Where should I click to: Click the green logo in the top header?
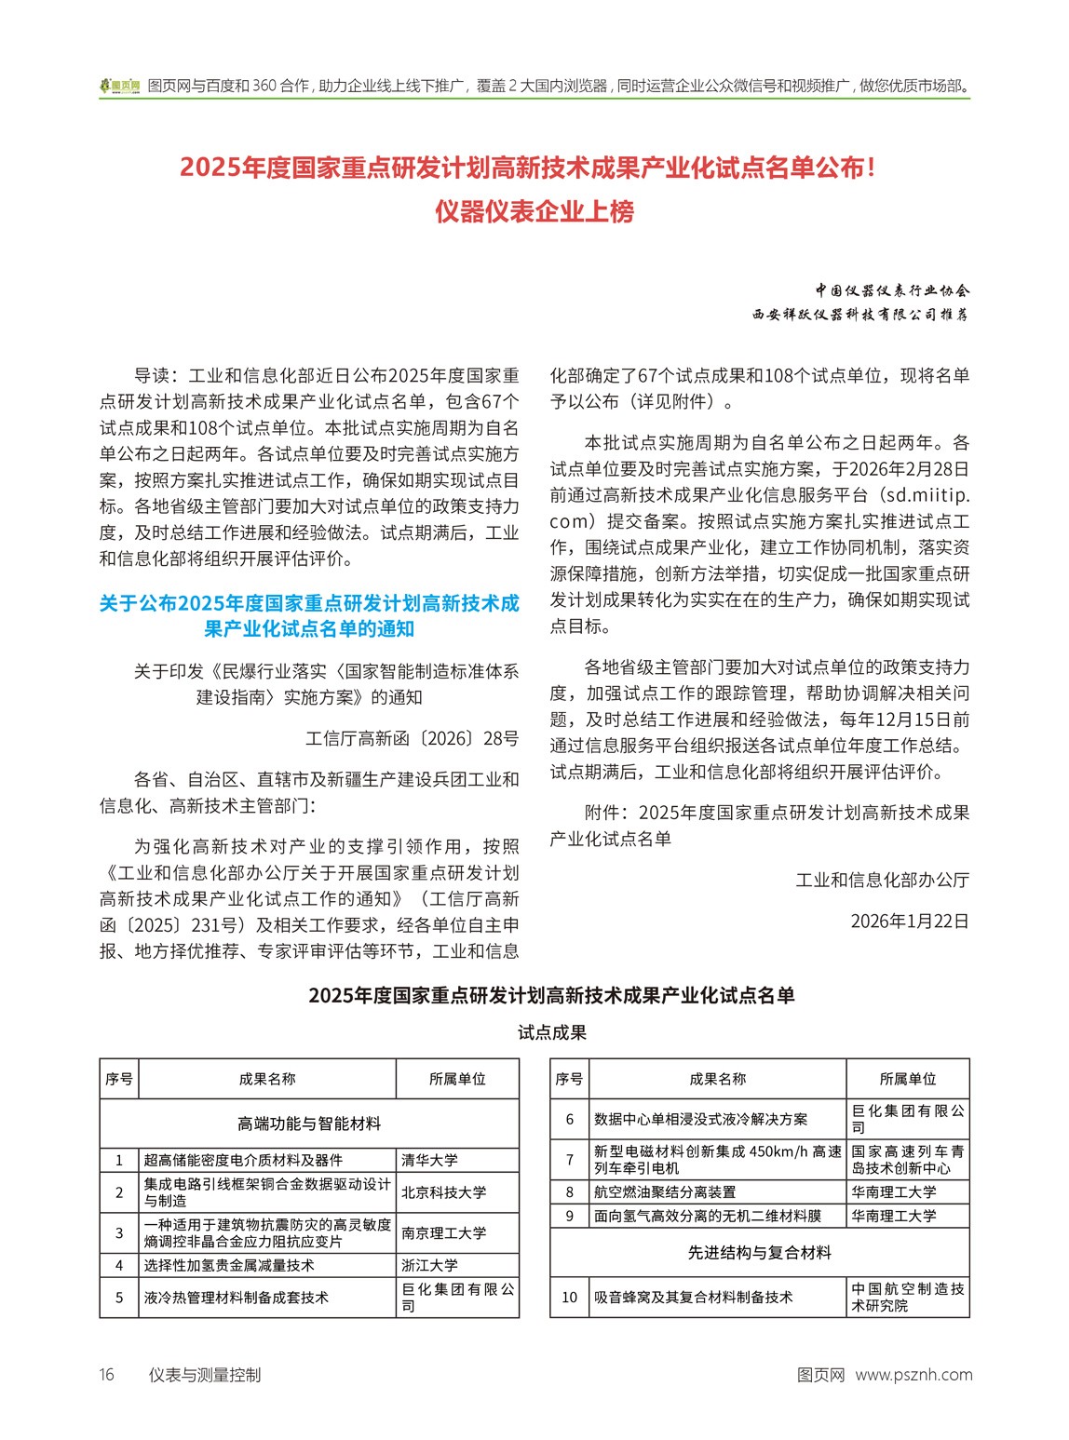click(120, 86)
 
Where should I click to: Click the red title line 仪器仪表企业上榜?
click(534, 212)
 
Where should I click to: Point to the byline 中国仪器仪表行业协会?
click(892, 290)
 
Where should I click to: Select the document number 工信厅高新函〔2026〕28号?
click(412, 738)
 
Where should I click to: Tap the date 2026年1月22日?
click(910, 921)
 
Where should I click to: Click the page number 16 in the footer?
click(107, 1375)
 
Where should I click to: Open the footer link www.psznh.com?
click(913, 1375)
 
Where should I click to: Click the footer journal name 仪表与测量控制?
click(205, 1375)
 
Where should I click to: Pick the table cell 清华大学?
click(429, 1160)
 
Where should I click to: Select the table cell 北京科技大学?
click(443, 1192)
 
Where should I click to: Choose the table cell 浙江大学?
click(429, 1265)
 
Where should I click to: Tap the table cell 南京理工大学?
click(443, 1232)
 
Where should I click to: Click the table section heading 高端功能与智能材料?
click(309, 1124)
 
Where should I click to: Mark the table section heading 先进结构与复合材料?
click(759, 1253)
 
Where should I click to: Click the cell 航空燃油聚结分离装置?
click(665, 1191)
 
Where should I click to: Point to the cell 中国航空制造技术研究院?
click(907, 1297)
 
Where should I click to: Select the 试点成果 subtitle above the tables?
click(552, 1032)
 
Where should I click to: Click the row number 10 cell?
click(569, 1297)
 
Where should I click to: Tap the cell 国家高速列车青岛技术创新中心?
click(907, 1160)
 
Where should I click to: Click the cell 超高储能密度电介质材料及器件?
click(243, 1160)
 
